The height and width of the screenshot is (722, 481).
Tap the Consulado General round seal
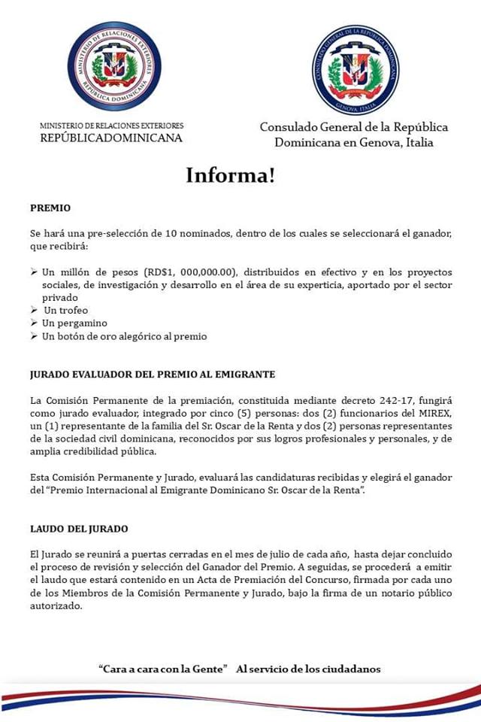(x=355, y=69)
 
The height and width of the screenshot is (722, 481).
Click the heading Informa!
(x=231, y=176)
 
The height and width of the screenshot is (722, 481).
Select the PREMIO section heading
(x=50, y=208)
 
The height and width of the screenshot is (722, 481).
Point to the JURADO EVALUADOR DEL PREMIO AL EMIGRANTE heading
(x=153, y=374)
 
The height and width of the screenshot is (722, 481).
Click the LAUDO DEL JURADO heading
(x=80, y=529)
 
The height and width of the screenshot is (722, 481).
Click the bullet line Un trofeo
(x=65, y=310)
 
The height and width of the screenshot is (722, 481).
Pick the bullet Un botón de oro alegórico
(x=124, y=336)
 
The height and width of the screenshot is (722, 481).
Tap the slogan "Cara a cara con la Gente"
(x=163, y=669)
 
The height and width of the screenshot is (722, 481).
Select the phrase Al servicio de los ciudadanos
(x=308, y=669)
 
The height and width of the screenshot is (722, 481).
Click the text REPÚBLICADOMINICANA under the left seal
(x=110, y=138)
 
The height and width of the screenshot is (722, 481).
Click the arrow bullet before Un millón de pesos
(x=34, y=272)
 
